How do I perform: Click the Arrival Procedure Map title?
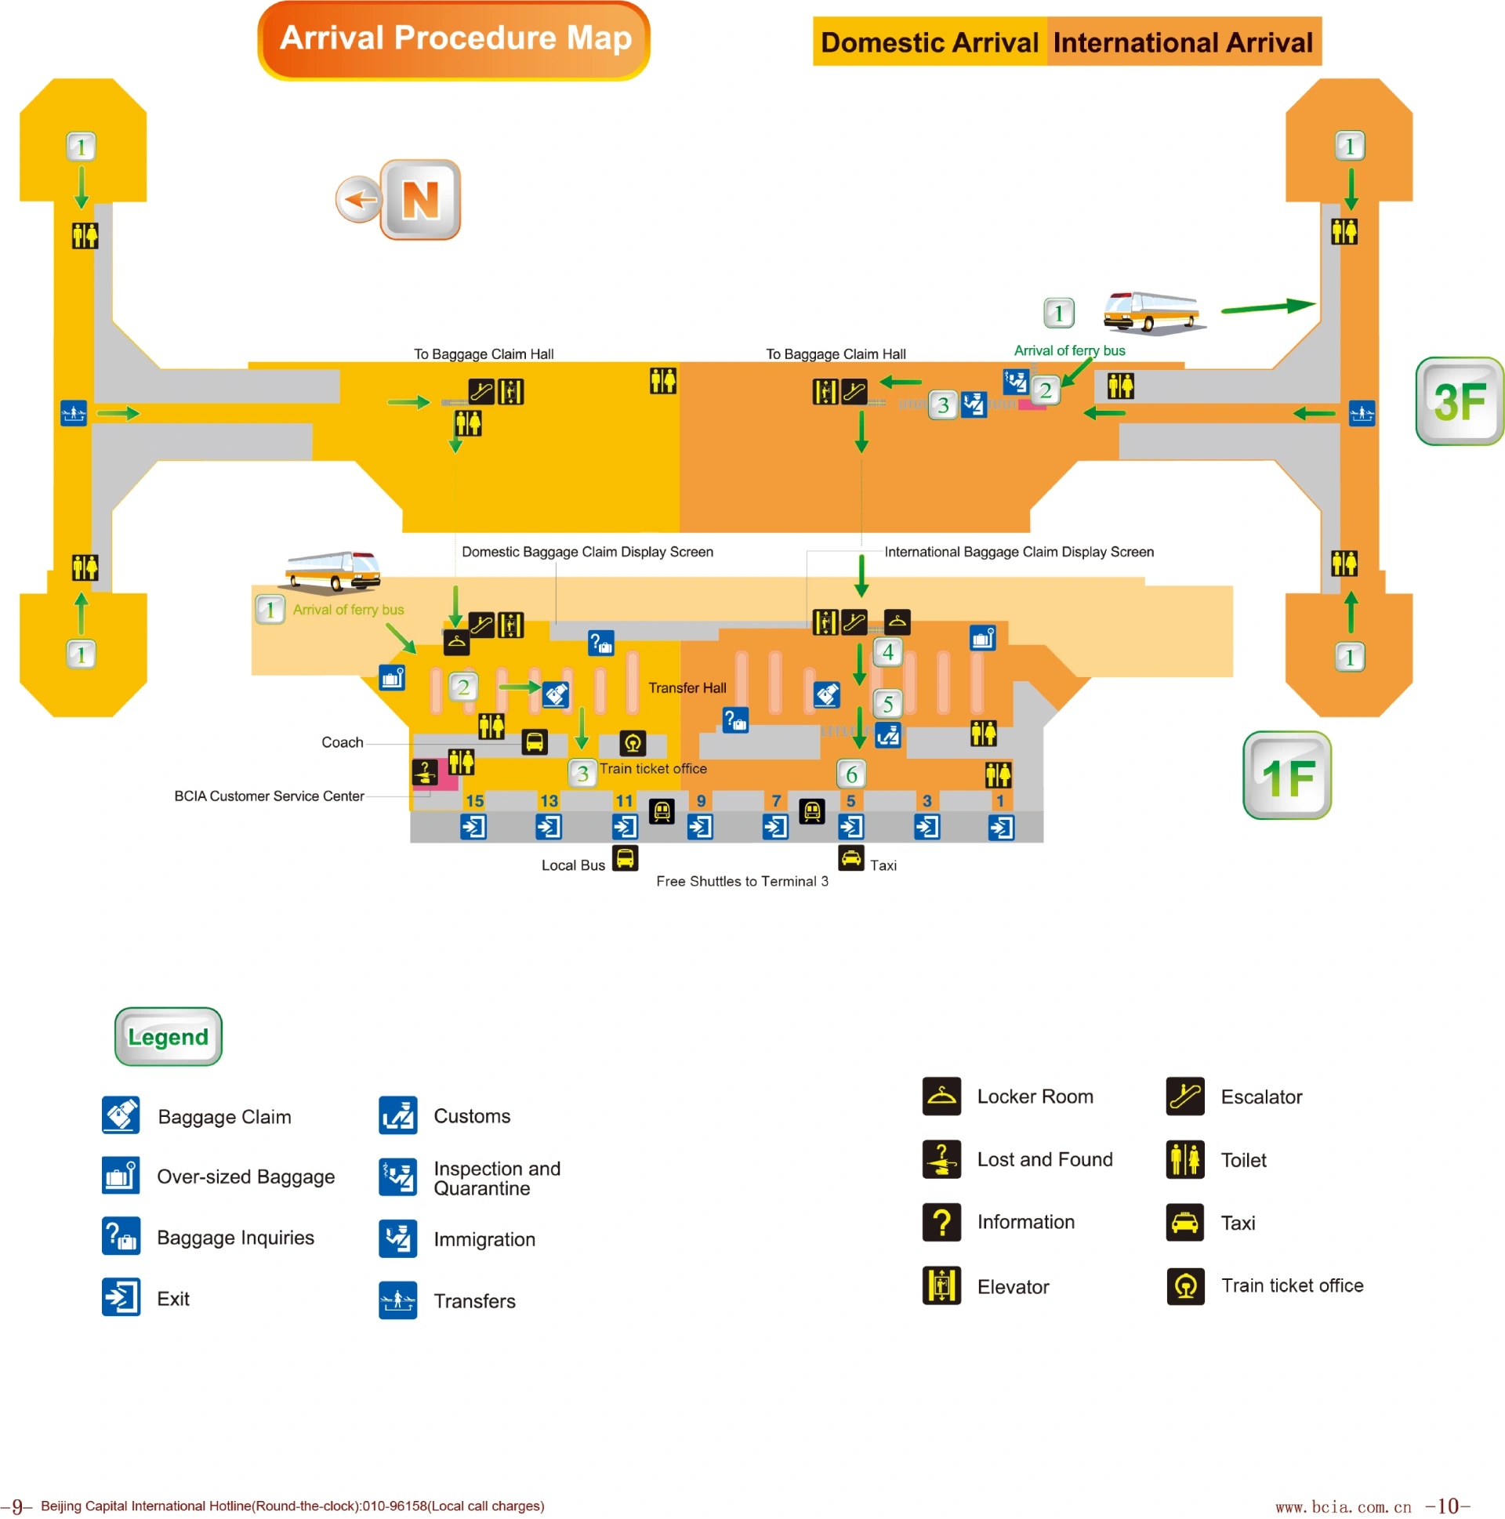tap(454, 40)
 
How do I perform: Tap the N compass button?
tap(420, 200)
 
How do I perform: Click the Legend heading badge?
tap(169, 1036)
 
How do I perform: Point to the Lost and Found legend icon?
tap(941, 1159)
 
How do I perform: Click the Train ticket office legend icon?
tap(1185, 1285)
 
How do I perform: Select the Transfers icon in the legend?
tap(398, 1300)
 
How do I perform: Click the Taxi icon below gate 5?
tap(850, 857)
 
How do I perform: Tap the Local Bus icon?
tap(625, 857)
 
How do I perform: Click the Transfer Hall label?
tap(687, 688)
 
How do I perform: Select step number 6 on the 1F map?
tap(850, 774)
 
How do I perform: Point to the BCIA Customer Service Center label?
tap(269, 796)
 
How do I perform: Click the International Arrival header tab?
tap(1182, 42)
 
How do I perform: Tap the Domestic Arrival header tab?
tap(929, 42)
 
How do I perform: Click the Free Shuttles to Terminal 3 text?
tap(742, 881)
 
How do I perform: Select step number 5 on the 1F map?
tap(888, 704)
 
